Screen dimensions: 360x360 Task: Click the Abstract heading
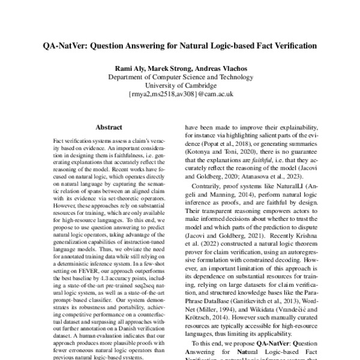coord(109,127)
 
